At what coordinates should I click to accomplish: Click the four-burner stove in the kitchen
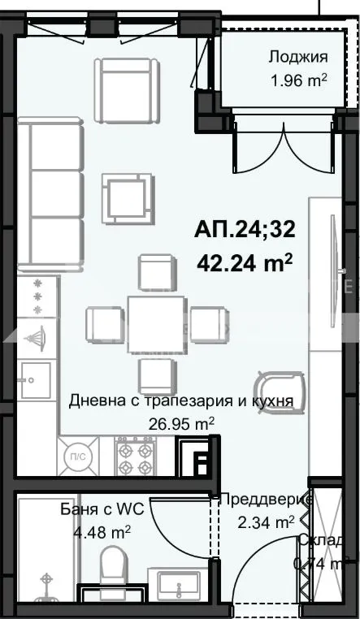tap(135, 458)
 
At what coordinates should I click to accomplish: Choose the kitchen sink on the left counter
tap(34, 377)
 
